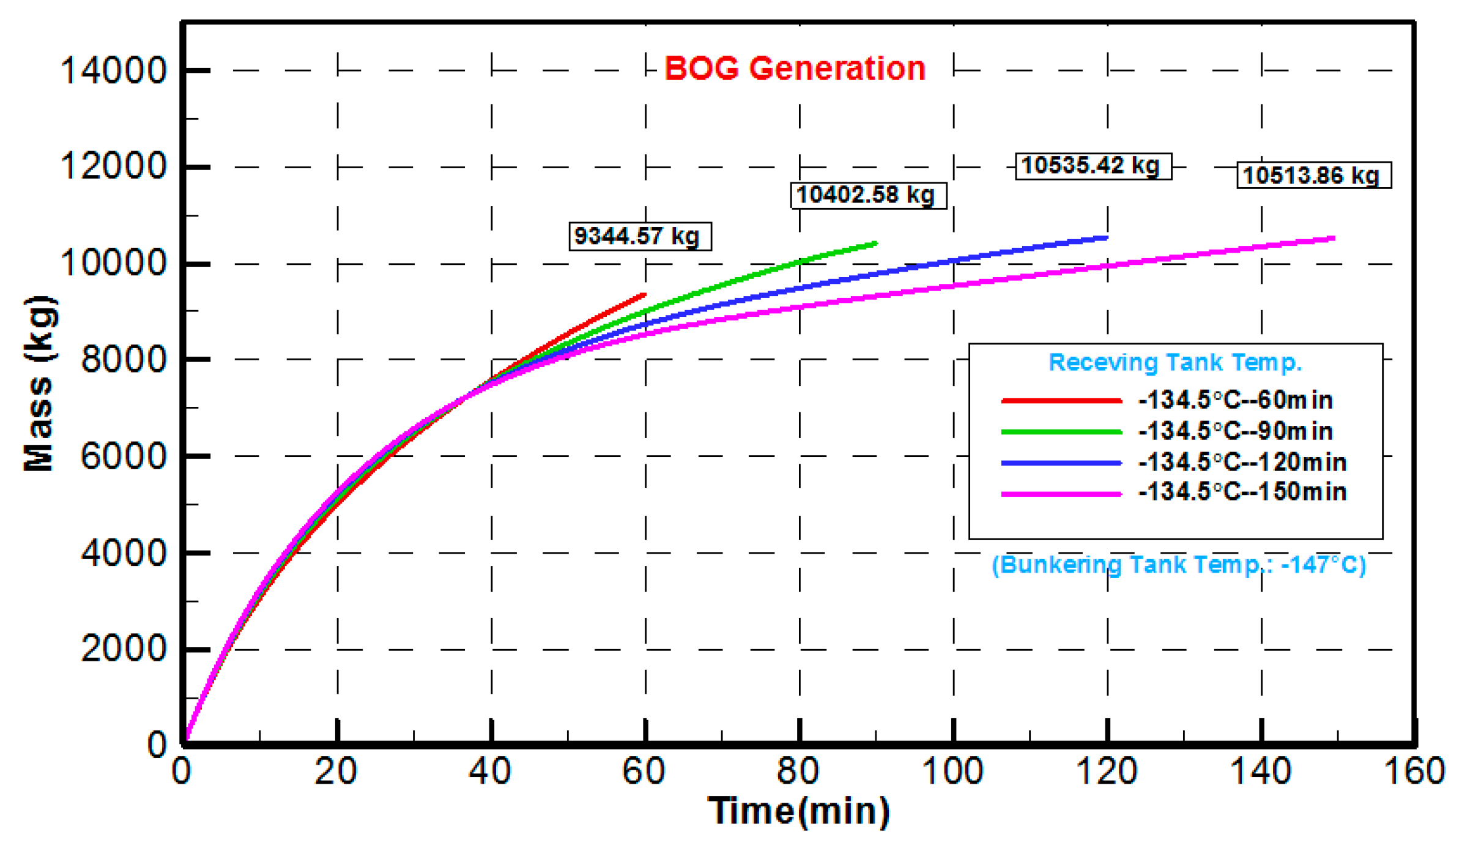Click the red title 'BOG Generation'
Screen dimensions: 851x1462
pyautogui.click(x=794, y=69)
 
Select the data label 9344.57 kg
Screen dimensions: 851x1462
pyautogui.click(x=639, y=236)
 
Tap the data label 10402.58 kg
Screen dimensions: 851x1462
pyautogui.click(x=868, y=195)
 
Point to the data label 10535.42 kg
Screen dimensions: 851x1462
pyautogui.click(x=1093, y=166)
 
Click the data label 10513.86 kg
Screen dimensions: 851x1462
pyautogui.click(x=1313, y=176)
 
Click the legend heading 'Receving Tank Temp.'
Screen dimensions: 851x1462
pyautogui.click(x=1174, y=362)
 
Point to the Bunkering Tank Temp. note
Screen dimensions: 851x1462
pyautogui.click(x=1178, y=564)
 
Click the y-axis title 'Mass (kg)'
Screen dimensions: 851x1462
pyautogui.click(x=39, y=384)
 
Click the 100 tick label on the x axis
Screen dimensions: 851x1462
pyautogui.click(x=952, y=771)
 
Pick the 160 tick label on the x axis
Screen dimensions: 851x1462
pyautogui.click(x=1414, y=771)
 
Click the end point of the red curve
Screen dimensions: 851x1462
pyautogui.click(x=644, y=295)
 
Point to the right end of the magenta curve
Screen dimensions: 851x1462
pyautogui.click(x=1334, y=238)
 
